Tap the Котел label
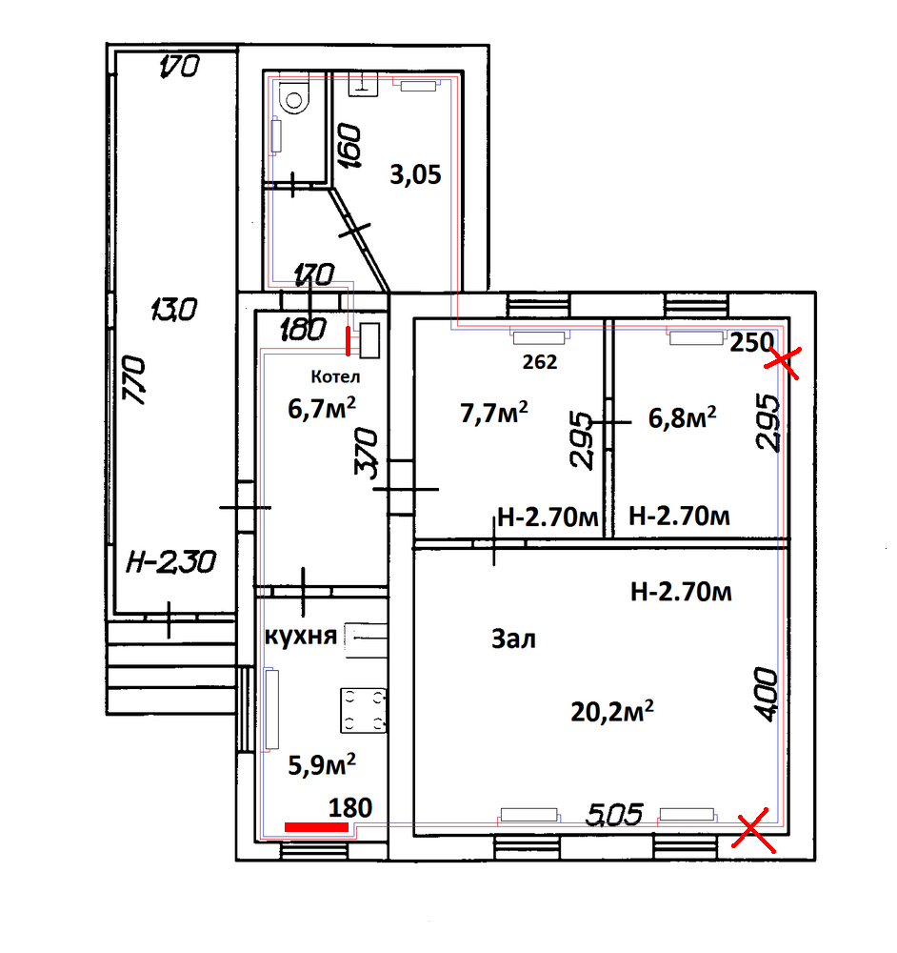click(335, 376)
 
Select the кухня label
click(301, 636)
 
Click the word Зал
click(513, 639)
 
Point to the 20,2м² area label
click(612, 711)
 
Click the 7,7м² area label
click(494, 413)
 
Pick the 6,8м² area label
click(682, 417)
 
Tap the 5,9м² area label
click(322, 764)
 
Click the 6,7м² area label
click(322, 408)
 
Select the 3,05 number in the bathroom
click(415, 175)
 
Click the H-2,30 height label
click(171, 561)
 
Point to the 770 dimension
click(134, 380)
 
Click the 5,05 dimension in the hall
click(614, 815)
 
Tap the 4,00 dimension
click(766, 695)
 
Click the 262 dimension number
click(539, 362)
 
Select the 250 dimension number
click(751, 343)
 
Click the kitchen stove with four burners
click(363, 710)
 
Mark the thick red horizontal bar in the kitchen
click(316, 826)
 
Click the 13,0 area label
click(173, 310)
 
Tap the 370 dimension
click(366, 453)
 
